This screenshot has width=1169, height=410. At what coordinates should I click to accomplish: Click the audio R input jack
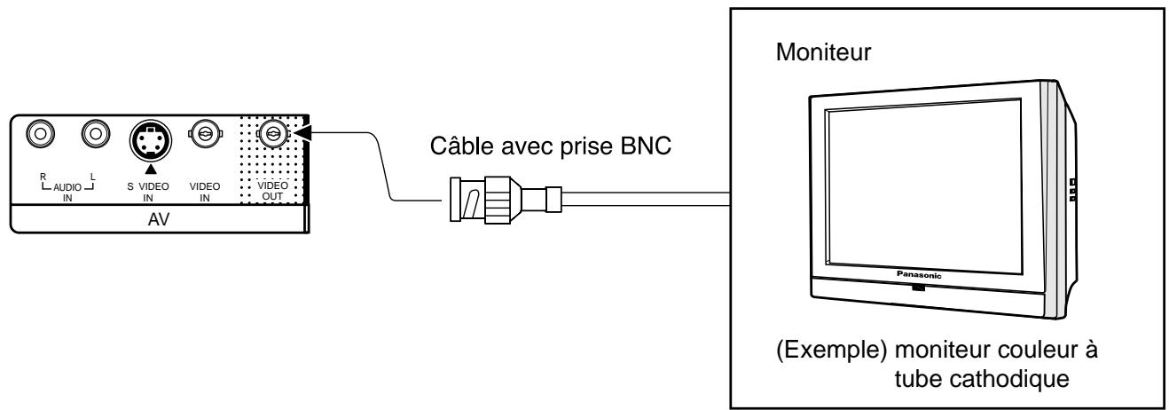(x=40, y=134)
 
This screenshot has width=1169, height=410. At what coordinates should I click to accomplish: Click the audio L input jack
(x=96, y=134)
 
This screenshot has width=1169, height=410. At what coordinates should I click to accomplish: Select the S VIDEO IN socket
(x=151, y=140)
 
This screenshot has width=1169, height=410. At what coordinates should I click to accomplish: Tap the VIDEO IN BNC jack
(x=205, y=135)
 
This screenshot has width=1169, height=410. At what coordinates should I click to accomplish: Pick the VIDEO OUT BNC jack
(x=272, y=134)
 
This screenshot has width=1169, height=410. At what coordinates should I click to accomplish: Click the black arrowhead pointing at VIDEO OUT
(x=303, y=132)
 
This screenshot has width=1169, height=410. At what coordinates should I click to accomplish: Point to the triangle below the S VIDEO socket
(x=150, y=169)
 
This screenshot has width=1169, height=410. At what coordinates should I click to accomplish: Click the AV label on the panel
(x=159, y=219)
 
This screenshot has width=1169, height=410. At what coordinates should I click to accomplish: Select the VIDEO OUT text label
(x=272, y=191)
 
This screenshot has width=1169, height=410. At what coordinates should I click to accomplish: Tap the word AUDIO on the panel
(x=67, y=187)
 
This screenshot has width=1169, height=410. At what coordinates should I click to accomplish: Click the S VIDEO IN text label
(x=148, y=192)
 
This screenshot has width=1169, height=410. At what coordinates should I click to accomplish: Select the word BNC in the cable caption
(x=646, y=146)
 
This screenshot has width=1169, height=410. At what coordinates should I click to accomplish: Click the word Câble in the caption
(x=462, y=146)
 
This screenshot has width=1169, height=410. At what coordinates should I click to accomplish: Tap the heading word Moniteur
(x=823, y=52)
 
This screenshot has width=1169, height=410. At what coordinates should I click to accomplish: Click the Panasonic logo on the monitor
(x=919, y=274)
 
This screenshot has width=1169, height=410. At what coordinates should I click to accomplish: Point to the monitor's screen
(x=922, y=186)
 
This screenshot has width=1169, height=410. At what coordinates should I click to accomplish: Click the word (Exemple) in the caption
(x=831, y=350)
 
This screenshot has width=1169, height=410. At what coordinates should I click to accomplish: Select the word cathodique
(x=1008, y=379)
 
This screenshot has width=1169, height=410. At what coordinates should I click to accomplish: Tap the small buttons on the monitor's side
(x=1072, y=190)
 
